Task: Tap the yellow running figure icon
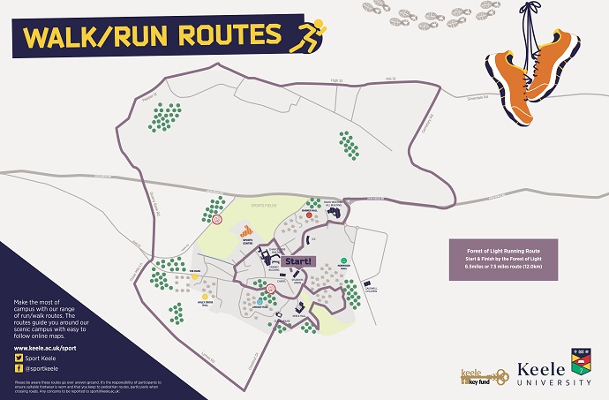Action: click(x=311, y=34)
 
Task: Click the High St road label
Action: click(x=335, y=80)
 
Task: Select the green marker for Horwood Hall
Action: click(x=343, y=261)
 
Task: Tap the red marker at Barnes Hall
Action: click(x=309, y=213)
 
